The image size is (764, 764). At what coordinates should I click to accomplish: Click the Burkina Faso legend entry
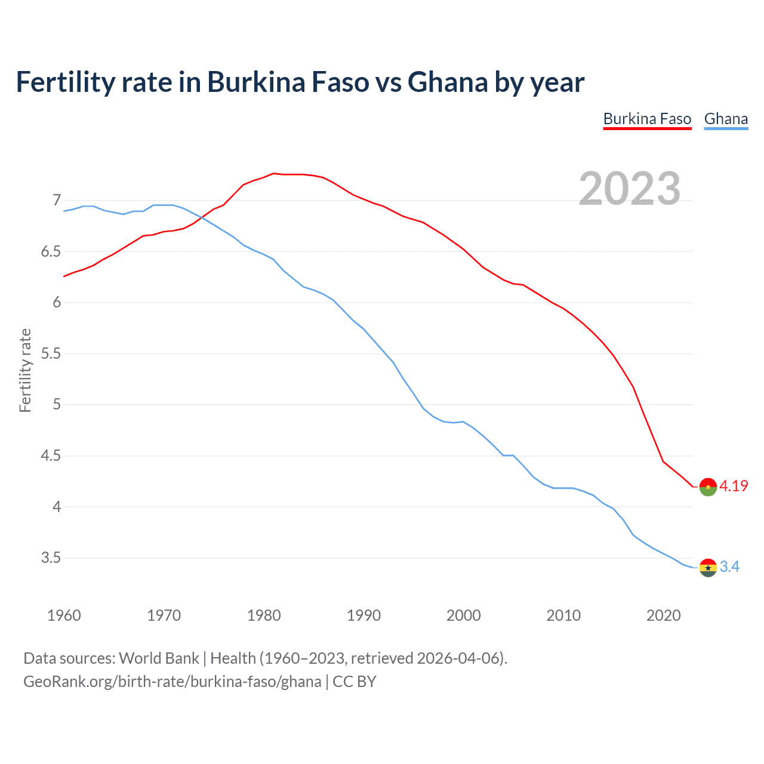[647, 119]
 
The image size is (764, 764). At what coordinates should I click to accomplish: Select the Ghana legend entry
[726, 119]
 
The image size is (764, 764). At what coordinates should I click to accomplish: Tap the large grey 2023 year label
[630, 189]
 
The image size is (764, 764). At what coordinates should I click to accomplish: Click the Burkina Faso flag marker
[708, 487]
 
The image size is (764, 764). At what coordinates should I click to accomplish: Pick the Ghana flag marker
[708, 568]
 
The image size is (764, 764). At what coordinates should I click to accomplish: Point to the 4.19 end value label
[734, 486]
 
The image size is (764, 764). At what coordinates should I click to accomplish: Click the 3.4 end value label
[729, 566]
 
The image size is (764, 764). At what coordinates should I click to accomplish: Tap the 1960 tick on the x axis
[64, 615]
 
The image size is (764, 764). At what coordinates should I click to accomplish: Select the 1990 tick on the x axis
[363, 615]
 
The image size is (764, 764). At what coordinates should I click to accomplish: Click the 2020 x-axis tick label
[663, 615]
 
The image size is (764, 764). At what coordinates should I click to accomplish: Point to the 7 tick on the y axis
[57, 200]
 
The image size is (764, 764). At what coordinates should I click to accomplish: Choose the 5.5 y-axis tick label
[51, 353]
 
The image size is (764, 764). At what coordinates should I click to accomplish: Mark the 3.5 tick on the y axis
[51, 558]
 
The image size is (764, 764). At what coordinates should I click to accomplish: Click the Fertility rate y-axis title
[25, 370]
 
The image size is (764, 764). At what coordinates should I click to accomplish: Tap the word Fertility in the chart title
[65, 82]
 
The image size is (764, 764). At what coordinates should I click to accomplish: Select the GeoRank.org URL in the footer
[172, 682]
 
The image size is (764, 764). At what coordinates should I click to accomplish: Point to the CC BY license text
[355, 682]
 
